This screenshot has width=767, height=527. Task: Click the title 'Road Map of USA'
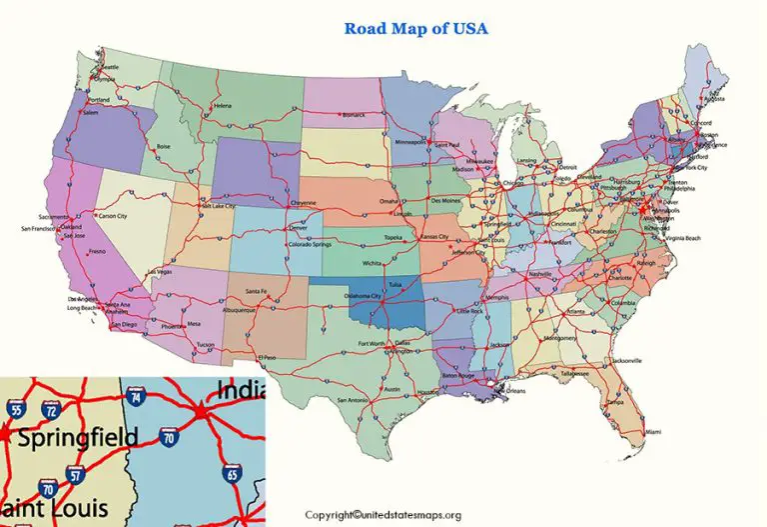[415, 28]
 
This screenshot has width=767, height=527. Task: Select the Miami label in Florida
[651, 431]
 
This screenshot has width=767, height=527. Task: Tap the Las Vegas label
[160, 271]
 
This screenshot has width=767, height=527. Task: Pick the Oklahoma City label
[362, 296]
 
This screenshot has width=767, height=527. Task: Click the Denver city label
[298, 228]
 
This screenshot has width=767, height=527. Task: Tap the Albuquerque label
[247, 311]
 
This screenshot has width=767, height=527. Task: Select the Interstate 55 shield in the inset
[14, 410]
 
